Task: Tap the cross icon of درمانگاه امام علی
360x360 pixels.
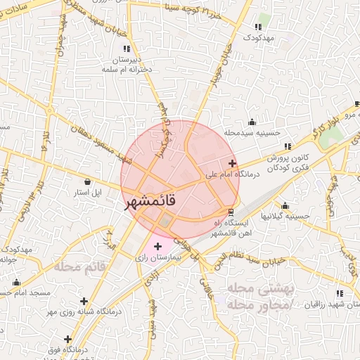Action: click(x=232, y=163)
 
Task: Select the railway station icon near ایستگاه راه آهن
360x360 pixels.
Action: click(x=231, y=212)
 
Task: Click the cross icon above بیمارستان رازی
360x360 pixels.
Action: click(x=157, y=247)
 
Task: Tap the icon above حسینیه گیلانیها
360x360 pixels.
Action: click(x=285, y=206)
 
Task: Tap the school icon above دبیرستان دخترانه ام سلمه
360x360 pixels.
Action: click(x=127, y=49)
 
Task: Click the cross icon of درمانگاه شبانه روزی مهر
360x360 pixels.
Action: click(x=84, y=301)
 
